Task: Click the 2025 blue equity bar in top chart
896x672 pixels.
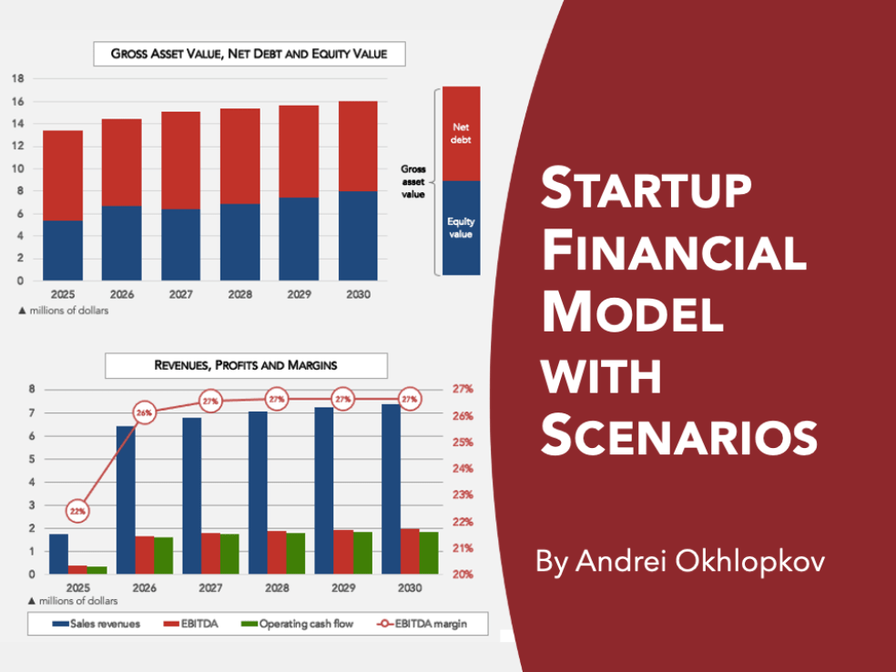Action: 63,250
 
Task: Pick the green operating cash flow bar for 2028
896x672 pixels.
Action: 295,554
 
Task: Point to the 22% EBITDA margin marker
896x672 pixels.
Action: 78,512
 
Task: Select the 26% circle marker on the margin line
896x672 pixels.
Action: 144,412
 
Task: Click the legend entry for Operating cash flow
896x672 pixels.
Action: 290,625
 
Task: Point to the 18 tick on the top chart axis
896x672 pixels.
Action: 17,78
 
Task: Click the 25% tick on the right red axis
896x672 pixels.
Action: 463,443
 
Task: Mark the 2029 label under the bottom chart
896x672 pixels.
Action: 343,588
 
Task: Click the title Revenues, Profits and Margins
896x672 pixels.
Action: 246,365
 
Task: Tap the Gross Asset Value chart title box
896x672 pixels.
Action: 249,54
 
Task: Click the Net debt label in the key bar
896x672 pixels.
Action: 462,133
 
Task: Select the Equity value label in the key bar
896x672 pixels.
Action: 462,228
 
